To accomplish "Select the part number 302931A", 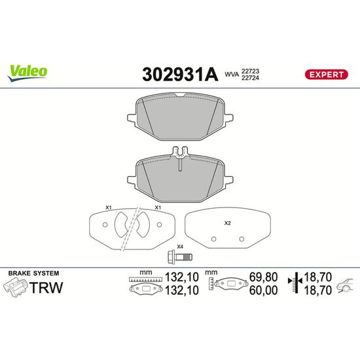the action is [180, 75].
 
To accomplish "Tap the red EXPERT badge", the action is [326, 75].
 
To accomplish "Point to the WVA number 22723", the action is [250, 71].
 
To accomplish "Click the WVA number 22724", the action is [250, 78].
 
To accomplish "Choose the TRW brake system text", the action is [46, 287].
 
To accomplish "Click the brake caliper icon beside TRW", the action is [15, 287].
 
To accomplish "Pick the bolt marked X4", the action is [180, 256].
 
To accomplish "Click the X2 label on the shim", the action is [227, 223].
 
